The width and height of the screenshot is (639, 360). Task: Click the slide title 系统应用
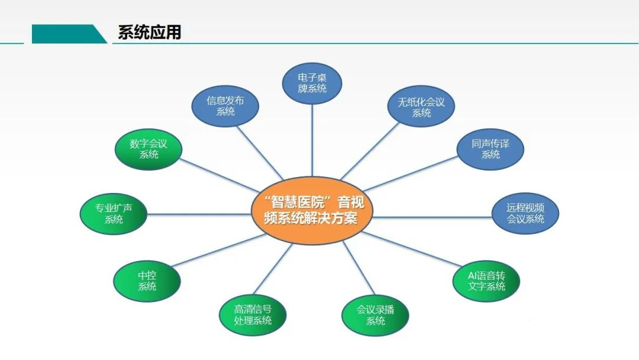pos(150,32)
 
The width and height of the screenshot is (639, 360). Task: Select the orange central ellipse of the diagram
pos(312,210)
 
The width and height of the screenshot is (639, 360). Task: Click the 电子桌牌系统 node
pos(312,83)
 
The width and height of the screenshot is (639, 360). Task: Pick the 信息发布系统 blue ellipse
pos(225,106)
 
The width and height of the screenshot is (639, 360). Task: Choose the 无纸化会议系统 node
pos(421,106)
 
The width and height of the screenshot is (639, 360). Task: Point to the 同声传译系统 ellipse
pos(490,149)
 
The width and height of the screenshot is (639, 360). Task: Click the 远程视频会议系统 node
pos(525,213)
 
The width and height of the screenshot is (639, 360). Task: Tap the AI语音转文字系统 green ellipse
pos(486,281)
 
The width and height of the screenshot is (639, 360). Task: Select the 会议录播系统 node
pos(375,315)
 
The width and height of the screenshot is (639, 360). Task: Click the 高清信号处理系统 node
pos(253,315)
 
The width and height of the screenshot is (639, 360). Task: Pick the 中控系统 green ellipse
pos(147,281)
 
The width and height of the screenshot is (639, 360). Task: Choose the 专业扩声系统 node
pos(113,214)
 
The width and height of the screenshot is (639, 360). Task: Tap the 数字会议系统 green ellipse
pos(149,149)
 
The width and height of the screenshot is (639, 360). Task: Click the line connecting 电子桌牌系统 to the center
pos(312,140)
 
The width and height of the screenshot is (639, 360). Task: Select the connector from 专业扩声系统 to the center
pos(199,214)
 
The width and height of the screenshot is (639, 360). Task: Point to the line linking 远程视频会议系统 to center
pos(432,217)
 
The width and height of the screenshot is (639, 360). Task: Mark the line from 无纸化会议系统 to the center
pos(370,151)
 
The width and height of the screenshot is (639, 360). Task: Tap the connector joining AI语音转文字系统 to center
pos(411,249)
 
